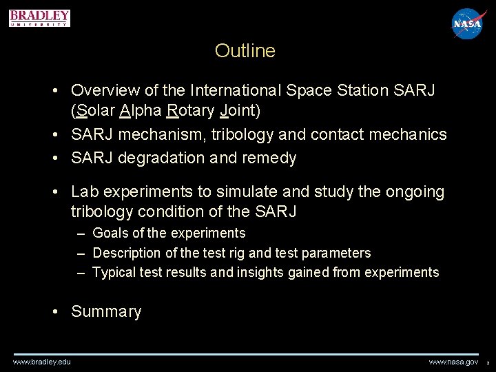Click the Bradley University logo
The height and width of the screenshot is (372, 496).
[x=39, y=18]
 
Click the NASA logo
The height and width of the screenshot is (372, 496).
[x=469, y=24]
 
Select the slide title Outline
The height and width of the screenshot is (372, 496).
[x=245, y=51]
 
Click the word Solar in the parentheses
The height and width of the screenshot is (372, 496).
[x=96, y=110]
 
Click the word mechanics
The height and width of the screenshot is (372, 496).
[x=409, y=134]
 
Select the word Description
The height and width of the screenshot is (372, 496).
[x=126, y=253]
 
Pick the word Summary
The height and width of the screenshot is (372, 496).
[x=106, y=311]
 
